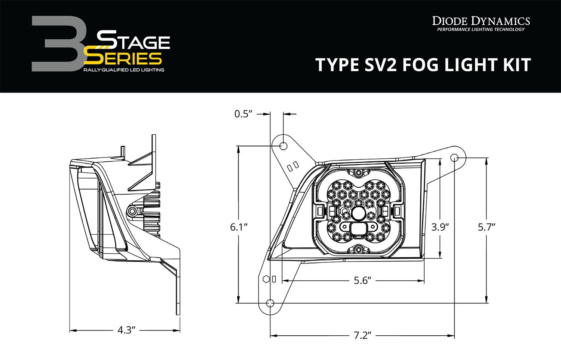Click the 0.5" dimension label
[244, 113]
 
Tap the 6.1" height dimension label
[239, 227]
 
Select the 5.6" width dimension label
[362, 280]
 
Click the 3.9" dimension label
[440, 227]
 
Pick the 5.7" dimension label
[487, 227]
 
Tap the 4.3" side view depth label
[126, 330]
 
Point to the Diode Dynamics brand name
[481, 21]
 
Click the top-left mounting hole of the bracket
[283, 145]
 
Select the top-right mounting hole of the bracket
[454, 157]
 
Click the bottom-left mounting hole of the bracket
[270, 303]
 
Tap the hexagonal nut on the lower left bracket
[266, 279]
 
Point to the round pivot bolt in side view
[132, 211]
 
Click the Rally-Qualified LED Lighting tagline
[124, 70]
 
